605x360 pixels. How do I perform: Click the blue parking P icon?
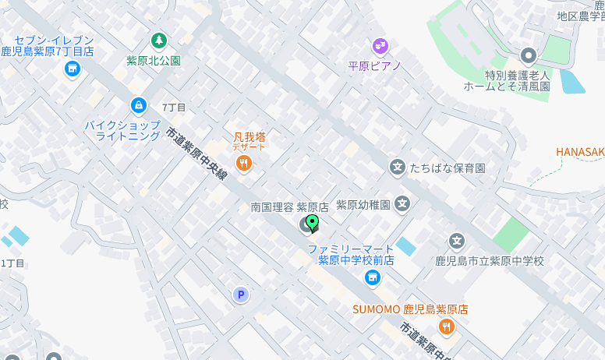[x=241, y=294]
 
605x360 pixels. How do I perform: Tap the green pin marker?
[x=313, y=224]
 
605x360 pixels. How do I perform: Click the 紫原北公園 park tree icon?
[x=159, y=40]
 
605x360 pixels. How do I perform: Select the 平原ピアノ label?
[x=374, y=66]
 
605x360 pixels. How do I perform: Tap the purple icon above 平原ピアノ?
[x=380, y=46]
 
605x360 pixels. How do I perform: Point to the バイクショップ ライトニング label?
[x=122, y=130]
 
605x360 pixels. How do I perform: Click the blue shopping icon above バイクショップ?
[x=138, y=105]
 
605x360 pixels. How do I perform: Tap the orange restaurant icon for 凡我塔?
[x=244, y=163]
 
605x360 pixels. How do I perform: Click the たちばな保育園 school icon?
[x=398, y=168]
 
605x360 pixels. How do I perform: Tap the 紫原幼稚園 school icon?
[x=402, y=205]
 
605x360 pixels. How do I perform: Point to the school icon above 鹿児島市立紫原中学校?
[x=457, y=242]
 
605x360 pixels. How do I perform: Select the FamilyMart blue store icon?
[x=373, y=277]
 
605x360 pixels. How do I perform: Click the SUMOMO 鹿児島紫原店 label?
[x=410, y=309]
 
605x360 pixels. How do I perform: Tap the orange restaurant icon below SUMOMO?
[x=447, y=327]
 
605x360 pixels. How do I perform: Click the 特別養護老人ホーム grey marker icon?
[x=529, y=55]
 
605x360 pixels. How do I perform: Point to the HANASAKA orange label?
[x=580, y=152]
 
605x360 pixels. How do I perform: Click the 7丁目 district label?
[x=174, y=108]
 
